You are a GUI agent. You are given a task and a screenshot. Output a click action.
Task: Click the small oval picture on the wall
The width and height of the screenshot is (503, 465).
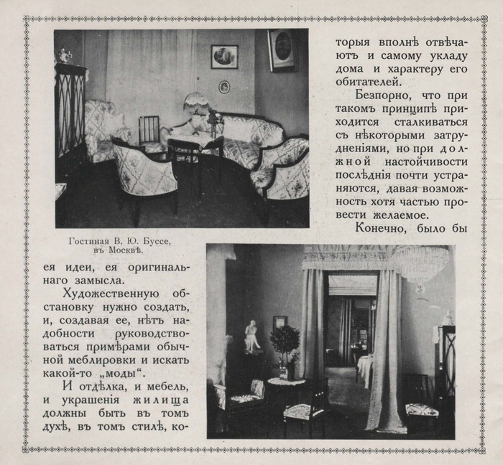tap(224, 87)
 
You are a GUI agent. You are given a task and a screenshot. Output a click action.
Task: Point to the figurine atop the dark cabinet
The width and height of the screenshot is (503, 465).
tap(65, 55)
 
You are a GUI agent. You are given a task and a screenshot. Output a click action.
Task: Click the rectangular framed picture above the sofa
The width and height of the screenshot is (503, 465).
tap(224, 57)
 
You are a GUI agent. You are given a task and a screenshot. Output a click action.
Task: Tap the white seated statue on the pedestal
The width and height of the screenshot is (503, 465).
tap(251, 336)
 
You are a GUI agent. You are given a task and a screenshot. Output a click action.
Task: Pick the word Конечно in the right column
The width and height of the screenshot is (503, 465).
tap(384, 228)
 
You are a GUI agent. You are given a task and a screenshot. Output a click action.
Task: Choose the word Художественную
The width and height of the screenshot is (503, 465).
tap(107, 296)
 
